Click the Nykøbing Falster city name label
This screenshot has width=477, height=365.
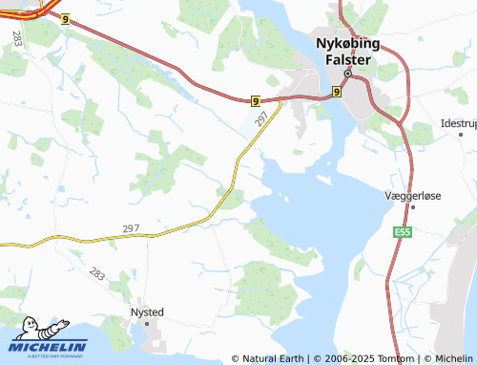click(x=347, y=52)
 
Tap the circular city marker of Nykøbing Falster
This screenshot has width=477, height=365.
click(x=348, y=74)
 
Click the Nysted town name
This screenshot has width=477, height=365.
click(x=147, y=311)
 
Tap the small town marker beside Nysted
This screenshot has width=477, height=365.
click(x=148, y=324)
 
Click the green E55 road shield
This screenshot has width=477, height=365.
click(x=401, y=231)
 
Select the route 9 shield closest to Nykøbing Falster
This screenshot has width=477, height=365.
click(x=337, y=92)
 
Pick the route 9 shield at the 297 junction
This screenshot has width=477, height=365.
click(x=257, y=100)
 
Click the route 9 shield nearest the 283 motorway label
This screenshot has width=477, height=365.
click(x=65, y=18)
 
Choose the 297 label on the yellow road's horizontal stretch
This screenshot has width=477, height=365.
click(x=131, y=228)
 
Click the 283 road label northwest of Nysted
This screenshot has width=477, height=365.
click(x=97, y=274)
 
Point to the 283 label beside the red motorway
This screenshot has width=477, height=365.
click(x=18, y=38)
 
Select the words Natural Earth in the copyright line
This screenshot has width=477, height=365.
click(x=272, y=358)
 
